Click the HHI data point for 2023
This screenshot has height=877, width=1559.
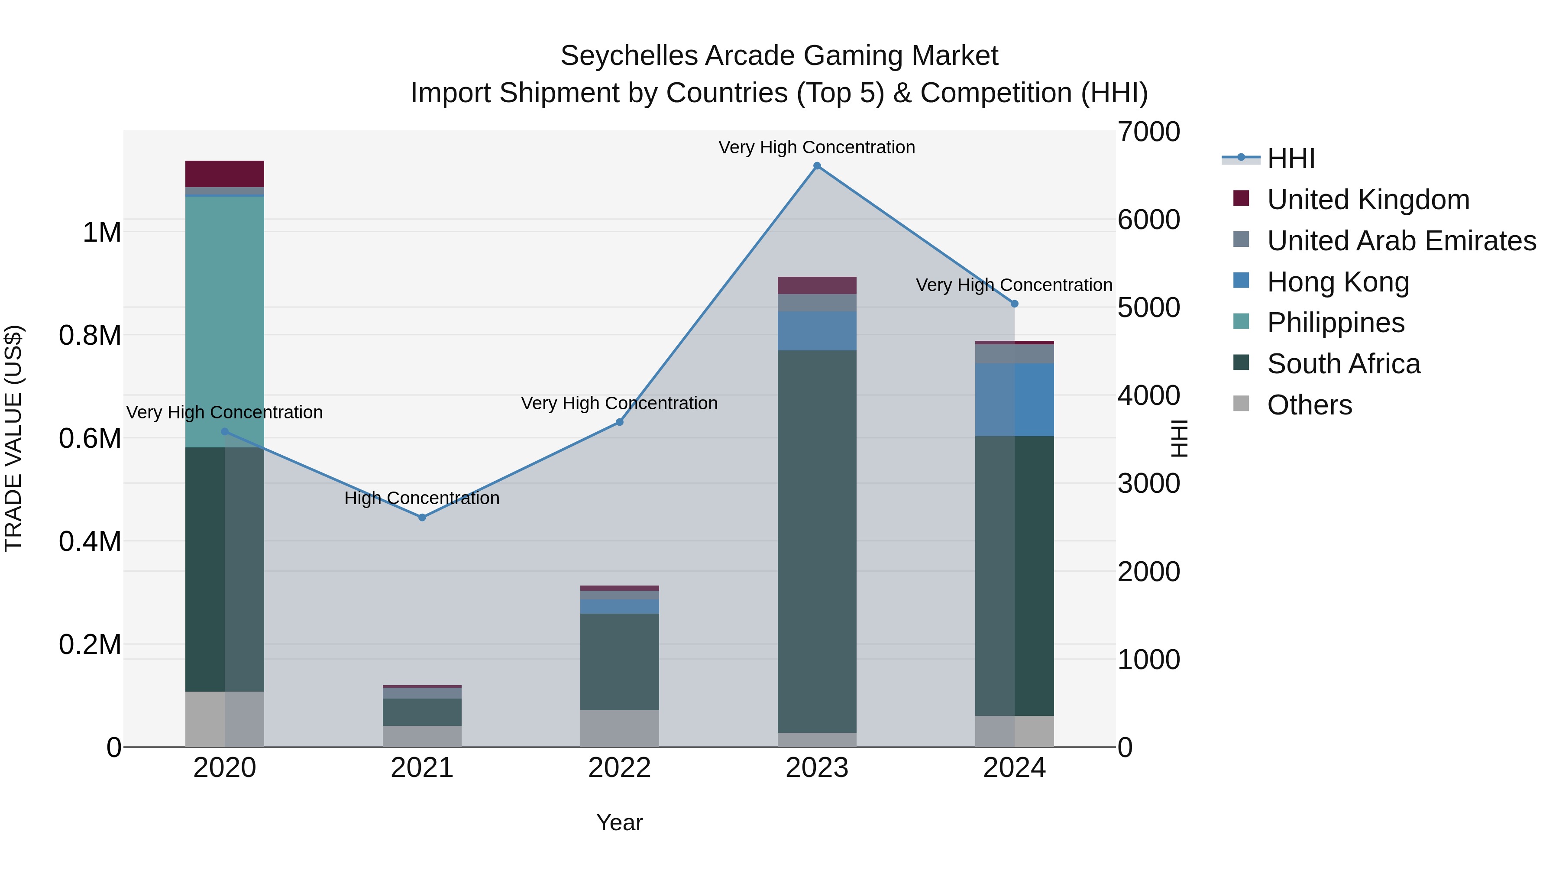click(817, 166)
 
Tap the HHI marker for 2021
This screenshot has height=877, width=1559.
click(422, 518)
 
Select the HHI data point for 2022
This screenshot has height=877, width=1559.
click(620, 422)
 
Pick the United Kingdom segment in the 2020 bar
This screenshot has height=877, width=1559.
click(224, 174)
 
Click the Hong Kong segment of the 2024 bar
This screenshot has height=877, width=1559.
click(1014, 399)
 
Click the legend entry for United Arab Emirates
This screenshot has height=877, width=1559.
click(1401, 241)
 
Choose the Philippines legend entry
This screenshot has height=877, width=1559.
click(1336, 323)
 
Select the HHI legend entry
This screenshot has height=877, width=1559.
click(1291, 159)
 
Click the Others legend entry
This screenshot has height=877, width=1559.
click(1309, 405)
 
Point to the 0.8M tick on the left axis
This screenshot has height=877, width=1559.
click(90, 335)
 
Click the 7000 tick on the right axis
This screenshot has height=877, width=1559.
click(1148, 132)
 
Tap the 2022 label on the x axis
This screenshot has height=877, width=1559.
click(620, 768)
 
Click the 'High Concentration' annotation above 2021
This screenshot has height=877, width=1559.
click(422, 498)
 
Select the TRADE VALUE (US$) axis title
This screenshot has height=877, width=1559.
click(13, 438)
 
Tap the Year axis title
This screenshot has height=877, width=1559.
click(620, 822)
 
